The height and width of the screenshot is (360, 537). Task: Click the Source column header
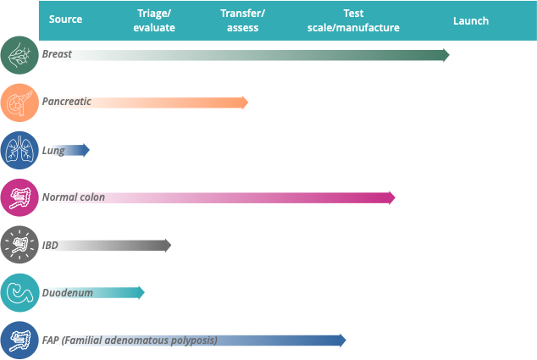(65, 19)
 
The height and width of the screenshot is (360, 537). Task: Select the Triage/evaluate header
(154, 21)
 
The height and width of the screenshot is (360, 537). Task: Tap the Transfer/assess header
(243, 21)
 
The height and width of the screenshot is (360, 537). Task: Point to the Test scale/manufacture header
(353, 21)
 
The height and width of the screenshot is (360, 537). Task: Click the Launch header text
(471, 20)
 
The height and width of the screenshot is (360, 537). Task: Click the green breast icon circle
(19, 55)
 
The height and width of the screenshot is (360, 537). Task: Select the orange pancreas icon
(19, 102)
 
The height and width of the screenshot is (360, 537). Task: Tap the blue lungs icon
(19, 151)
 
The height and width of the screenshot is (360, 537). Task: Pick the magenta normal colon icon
(19, 198)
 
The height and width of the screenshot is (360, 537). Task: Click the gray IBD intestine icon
(19, 246)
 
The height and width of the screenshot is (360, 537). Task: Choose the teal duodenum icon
(19, 293)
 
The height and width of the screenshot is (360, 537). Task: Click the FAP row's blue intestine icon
(19, 341)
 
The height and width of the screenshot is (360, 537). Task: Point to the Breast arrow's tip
(446, 55)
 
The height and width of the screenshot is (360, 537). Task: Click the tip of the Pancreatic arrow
(245, 102)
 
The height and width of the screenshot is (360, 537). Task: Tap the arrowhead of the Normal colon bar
(391, 198)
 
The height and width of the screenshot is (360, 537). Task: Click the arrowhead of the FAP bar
(342, 341)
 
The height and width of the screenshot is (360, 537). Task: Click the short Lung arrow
(76, 151)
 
